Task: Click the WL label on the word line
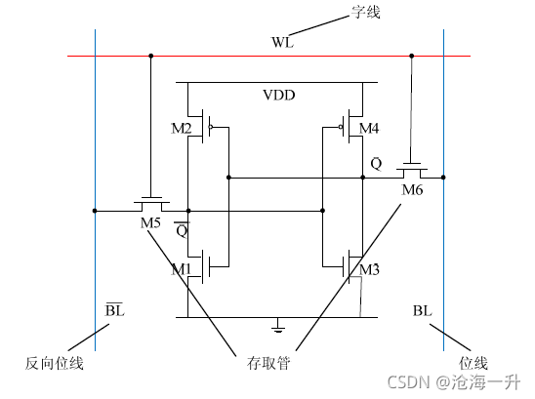[x=282, y=43]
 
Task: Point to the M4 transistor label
[x=369, y=129]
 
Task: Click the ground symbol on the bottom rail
[x=278, y=323]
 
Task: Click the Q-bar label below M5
[x=181, y=230]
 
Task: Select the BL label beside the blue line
[x=422, y=310]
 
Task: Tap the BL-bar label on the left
[x=114, y=310]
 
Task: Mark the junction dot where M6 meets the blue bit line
[x=443, y=177]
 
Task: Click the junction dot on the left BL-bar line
[x=95, y=210]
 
